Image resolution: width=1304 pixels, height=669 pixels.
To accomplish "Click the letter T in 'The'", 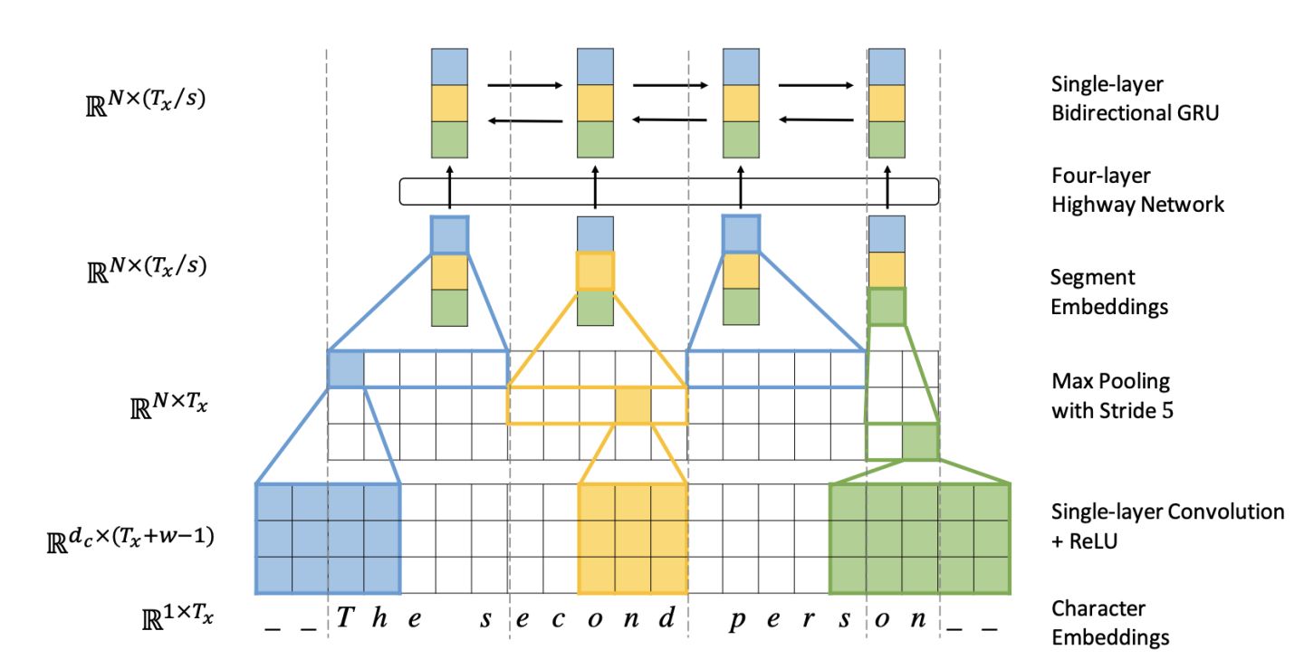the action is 346,617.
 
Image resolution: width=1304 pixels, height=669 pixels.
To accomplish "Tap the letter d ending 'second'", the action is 667,617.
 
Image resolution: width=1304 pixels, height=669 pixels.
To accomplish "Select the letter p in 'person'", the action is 737,620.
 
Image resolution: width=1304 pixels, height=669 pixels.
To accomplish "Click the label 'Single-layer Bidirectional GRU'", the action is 1135,99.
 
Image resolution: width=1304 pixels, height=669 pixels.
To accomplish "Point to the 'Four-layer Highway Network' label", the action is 1137,189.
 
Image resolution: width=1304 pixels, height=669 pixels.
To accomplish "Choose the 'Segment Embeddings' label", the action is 1109,291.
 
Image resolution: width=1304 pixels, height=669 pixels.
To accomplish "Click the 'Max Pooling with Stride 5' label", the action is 1112,396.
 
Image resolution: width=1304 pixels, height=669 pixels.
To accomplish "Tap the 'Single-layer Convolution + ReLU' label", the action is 1167,526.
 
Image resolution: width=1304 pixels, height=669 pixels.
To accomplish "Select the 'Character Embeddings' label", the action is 1110,623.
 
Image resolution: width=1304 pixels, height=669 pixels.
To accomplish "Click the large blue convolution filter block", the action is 329,539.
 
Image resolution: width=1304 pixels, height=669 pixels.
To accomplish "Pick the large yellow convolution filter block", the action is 633,539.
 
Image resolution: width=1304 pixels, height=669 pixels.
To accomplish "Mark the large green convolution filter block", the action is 920,539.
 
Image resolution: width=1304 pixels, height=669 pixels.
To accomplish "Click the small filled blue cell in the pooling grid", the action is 346,369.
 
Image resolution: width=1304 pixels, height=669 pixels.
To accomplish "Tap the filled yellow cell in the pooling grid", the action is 633,406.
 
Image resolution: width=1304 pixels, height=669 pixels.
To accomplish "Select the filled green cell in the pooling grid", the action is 920,442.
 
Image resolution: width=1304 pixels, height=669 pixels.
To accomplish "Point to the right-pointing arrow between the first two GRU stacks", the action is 525,85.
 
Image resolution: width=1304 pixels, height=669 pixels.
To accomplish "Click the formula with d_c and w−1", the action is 130,539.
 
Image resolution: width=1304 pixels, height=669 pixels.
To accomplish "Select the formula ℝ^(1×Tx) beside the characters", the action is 177,617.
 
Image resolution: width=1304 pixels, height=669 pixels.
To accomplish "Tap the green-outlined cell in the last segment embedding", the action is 887,307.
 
